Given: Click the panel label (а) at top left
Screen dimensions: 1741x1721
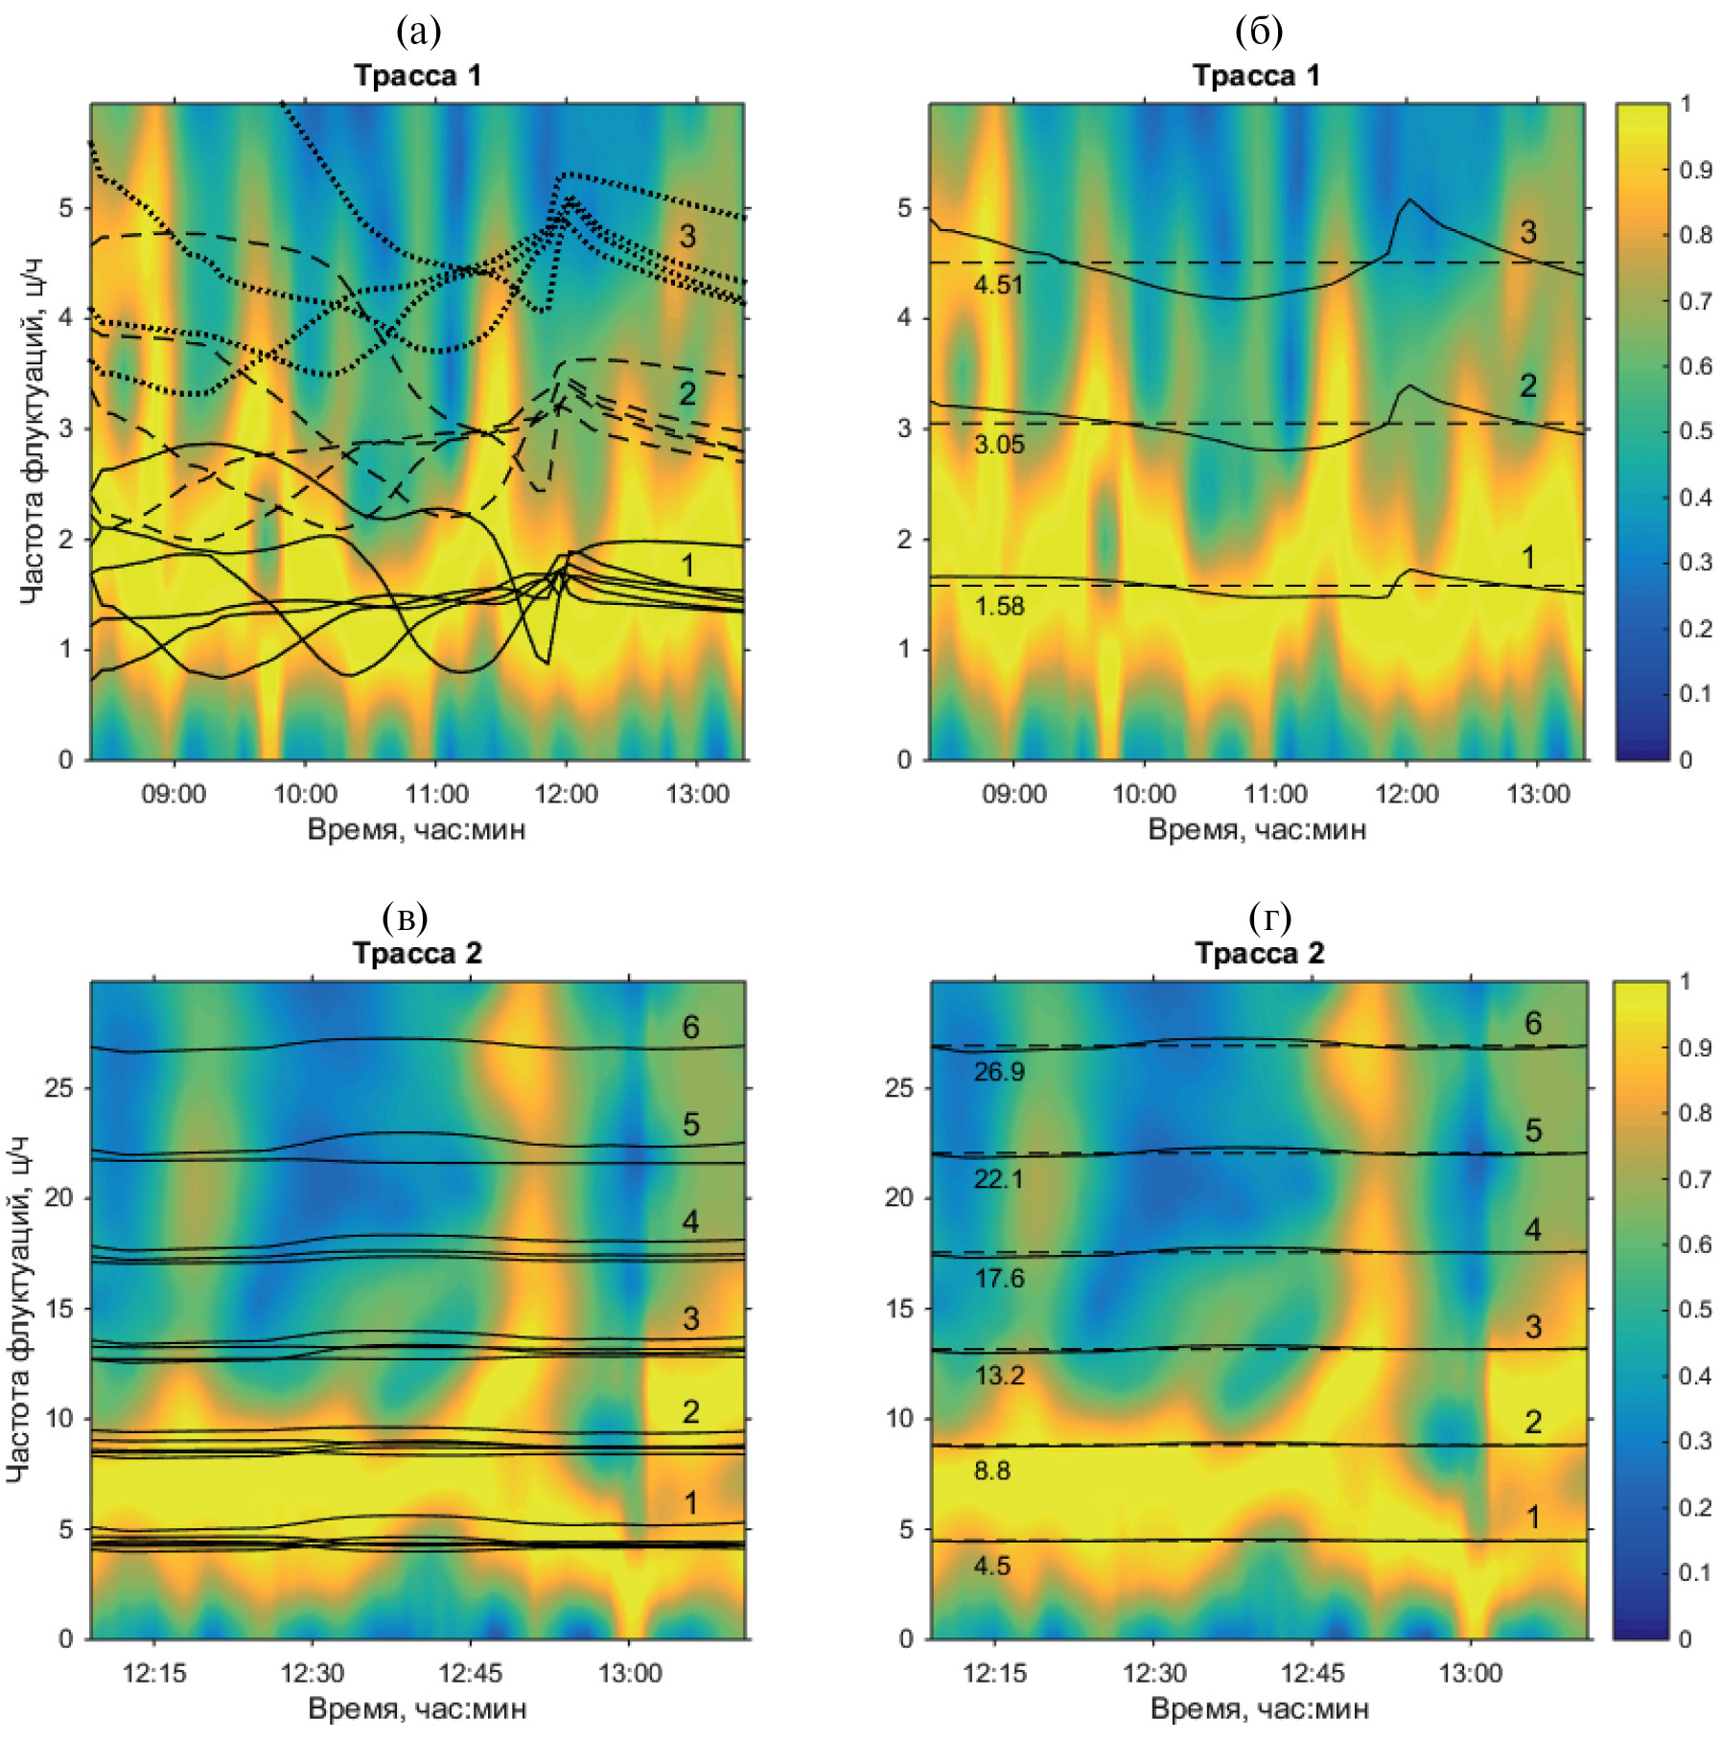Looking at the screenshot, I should point(418,33).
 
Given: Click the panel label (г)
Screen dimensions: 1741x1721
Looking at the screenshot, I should point(1269,917).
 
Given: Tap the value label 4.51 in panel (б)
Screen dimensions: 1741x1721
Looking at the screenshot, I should point(998,285).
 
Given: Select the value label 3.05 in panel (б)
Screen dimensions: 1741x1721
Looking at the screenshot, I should point(998,444).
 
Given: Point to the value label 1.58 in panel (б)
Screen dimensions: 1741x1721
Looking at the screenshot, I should point(998,606).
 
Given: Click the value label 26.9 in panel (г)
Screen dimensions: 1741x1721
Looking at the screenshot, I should point(998,1072).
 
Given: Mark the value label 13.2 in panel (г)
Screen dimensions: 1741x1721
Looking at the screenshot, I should point(998,1376).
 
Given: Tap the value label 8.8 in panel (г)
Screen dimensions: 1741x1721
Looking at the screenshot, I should point(991,1471).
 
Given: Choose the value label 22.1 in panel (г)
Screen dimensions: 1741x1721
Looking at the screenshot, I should point(998,1178).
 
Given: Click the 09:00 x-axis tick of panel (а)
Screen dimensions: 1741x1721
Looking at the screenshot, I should point(174,795).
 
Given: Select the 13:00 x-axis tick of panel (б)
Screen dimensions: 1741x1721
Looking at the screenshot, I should point(1538,795).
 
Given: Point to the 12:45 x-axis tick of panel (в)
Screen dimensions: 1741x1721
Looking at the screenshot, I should point(470,1673).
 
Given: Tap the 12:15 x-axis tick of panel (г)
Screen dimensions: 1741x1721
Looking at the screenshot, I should point(994,1673).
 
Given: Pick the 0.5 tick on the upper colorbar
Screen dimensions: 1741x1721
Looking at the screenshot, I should point(1695,431).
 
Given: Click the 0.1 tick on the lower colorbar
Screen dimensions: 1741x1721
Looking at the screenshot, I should point(1695,1572).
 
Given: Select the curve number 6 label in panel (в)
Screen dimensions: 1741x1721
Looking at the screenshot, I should point(690,1028).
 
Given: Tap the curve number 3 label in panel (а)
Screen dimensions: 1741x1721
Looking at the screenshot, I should point(687,237).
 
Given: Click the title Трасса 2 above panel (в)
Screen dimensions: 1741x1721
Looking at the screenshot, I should point(417,953).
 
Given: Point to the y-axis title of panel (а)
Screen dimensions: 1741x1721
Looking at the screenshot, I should point(31,431).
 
